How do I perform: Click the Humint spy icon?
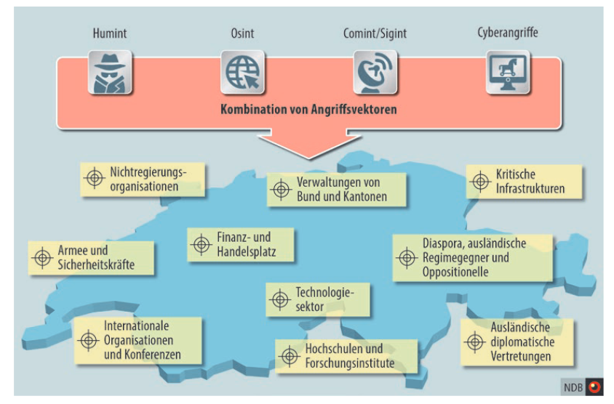(110, 73)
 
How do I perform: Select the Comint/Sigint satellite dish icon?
(375, 73)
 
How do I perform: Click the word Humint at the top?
(110, 33)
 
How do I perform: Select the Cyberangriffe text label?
(508, 33)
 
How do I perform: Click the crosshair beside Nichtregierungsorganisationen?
(95, 179)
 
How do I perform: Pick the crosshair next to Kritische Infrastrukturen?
(481, 182)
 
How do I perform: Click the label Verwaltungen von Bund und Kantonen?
(341, 190)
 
